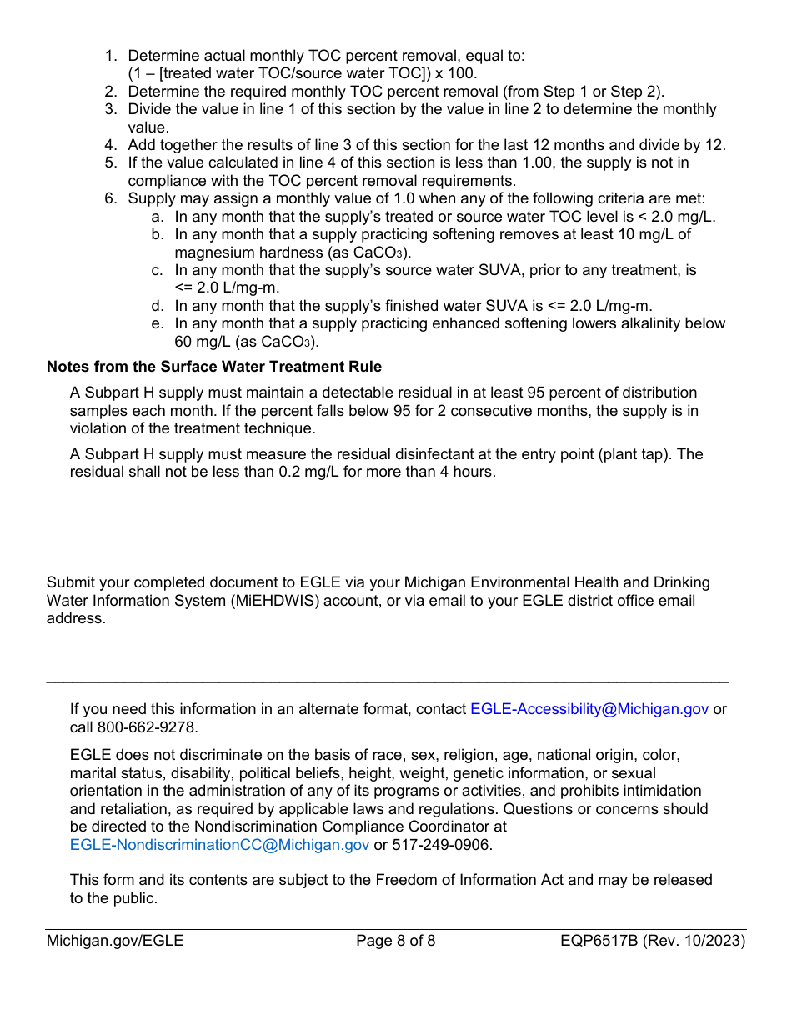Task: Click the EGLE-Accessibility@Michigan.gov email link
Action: (x=589, y=709)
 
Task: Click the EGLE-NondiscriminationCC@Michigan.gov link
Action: (x=220, y=845)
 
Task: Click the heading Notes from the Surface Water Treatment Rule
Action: (x=214, y=367)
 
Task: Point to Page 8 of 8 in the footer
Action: (x=395, y=942)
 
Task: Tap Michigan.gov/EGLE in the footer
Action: (x=115, y=942)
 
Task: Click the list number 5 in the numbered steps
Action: (x=110, y=163)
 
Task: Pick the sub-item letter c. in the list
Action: (x=157, y=271)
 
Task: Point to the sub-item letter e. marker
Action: (x=157, y=324)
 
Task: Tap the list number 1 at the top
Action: (x=110, y=56)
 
